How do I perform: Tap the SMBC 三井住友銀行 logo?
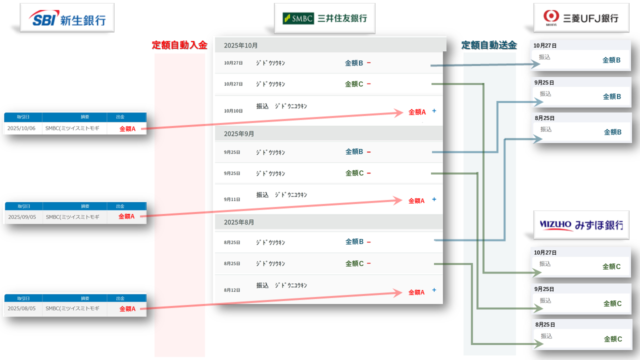click(324, 18)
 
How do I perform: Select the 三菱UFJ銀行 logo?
click(581, 18)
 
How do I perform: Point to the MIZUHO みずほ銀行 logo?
click(581, 225)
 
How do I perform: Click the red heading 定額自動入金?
click(179, 45)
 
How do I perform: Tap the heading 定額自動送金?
click(489, 45)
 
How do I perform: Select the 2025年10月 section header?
click(241, 45)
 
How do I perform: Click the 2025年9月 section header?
click(239, 134)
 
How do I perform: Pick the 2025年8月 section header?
click(239, 222)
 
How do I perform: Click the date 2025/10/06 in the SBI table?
click(22, 128)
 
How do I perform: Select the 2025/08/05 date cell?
click(22, 308)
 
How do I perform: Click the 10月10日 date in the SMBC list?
click(233, 111)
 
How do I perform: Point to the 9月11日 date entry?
click(232, 199)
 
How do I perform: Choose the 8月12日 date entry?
click(232, 290)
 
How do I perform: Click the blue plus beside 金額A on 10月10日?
click(434, 111)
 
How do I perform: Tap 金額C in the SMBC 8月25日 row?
click(354, 263)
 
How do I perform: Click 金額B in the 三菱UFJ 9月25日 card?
click(612, 96)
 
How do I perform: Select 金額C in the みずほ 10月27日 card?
click(611, 266)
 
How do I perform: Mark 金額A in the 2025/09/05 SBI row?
click(126, 216)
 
